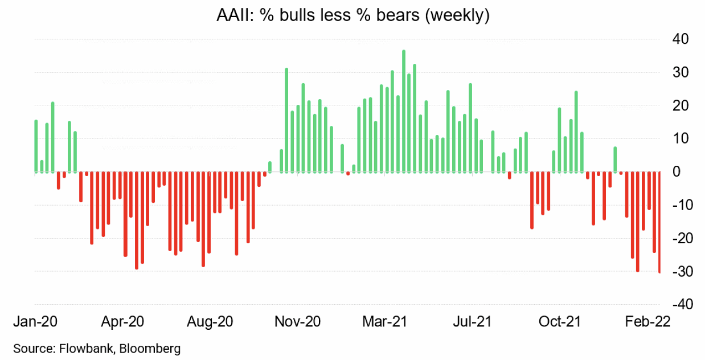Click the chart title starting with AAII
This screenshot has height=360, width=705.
(x=352, y=15)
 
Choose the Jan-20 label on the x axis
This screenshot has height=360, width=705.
(x=35, y=322)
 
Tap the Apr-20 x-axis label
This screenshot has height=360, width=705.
(x=122, y=322)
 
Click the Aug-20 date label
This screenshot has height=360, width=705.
(x=210, y=322)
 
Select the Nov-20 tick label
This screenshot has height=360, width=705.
(x=297, y=322)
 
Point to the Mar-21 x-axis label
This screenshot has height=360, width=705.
(x=384, y=322)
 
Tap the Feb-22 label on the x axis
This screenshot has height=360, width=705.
(x=646, y=322)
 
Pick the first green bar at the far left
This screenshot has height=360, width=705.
(x=36, y=146)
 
